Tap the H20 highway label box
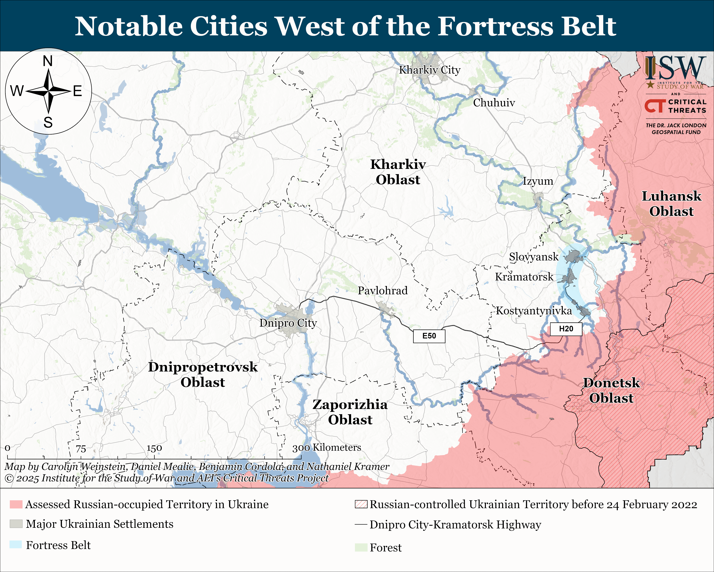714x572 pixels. coord(566,329)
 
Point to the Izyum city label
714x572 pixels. coord(538,181)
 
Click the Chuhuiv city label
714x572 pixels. coord(494,103)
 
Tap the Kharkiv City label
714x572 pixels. coord(429,70)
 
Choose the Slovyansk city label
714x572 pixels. coord(533,257)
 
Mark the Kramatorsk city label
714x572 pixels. coord(524,277)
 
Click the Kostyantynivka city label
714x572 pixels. coord(534,311)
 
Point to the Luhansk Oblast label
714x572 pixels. coord(671,204)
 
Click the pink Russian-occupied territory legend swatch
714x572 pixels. coord(16,504)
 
